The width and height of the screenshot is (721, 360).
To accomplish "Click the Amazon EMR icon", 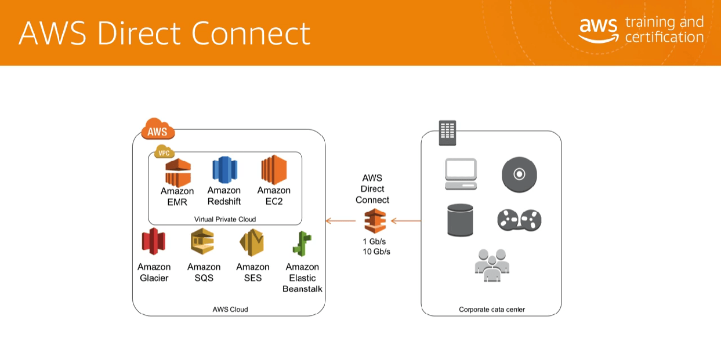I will click(x=177, y=172).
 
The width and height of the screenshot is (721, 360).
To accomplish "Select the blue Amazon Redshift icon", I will click(x=224, y=170).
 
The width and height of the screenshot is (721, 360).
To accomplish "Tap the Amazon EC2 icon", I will click(x=274, y=170).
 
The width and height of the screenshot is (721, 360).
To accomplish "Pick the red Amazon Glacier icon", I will click(x=154, y=242).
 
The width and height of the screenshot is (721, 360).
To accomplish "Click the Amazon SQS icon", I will click(x=202, y=242).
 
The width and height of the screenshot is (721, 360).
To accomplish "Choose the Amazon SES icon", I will click(x=252, y=242).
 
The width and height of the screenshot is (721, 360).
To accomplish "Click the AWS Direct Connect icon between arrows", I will click(x=375, y=221).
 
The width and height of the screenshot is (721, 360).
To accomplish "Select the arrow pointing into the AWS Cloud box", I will click(x=340, y=221).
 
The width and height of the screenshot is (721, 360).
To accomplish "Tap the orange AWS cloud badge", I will click(x=158, y=130).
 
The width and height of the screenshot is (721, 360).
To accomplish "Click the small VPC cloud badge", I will click(x=164, y=152).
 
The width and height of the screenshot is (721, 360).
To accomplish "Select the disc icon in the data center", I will click(x=519, y=174).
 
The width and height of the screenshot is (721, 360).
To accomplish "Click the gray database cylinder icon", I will click(x=460, y=220).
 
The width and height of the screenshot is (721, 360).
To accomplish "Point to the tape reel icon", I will click(x=519, y=220).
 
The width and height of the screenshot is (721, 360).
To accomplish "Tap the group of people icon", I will click(x=491, y=265).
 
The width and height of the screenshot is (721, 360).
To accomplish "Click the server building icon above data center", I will click(x=447, y=133).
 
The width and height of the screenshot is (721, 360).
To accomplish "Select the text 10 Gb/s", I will click(x=376, y=252).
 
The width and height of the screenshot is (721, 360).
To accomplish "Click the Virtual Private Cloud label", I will click(x=225, y=219).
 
